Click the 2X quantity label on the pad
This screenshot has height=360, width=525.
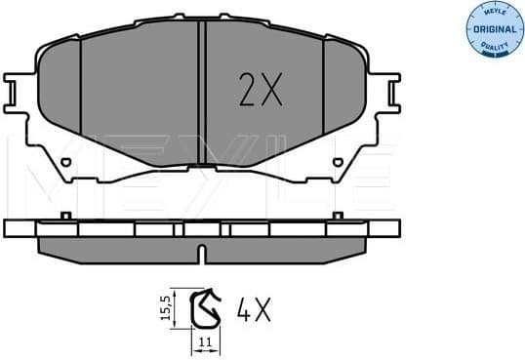[260, 91]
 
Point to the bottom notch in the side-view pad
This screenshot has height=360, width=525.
[200, 256]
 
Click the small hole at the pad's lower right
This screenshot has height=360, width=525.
[338, 162]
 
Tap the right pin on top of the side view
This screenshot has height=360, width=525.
[340, 215]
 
